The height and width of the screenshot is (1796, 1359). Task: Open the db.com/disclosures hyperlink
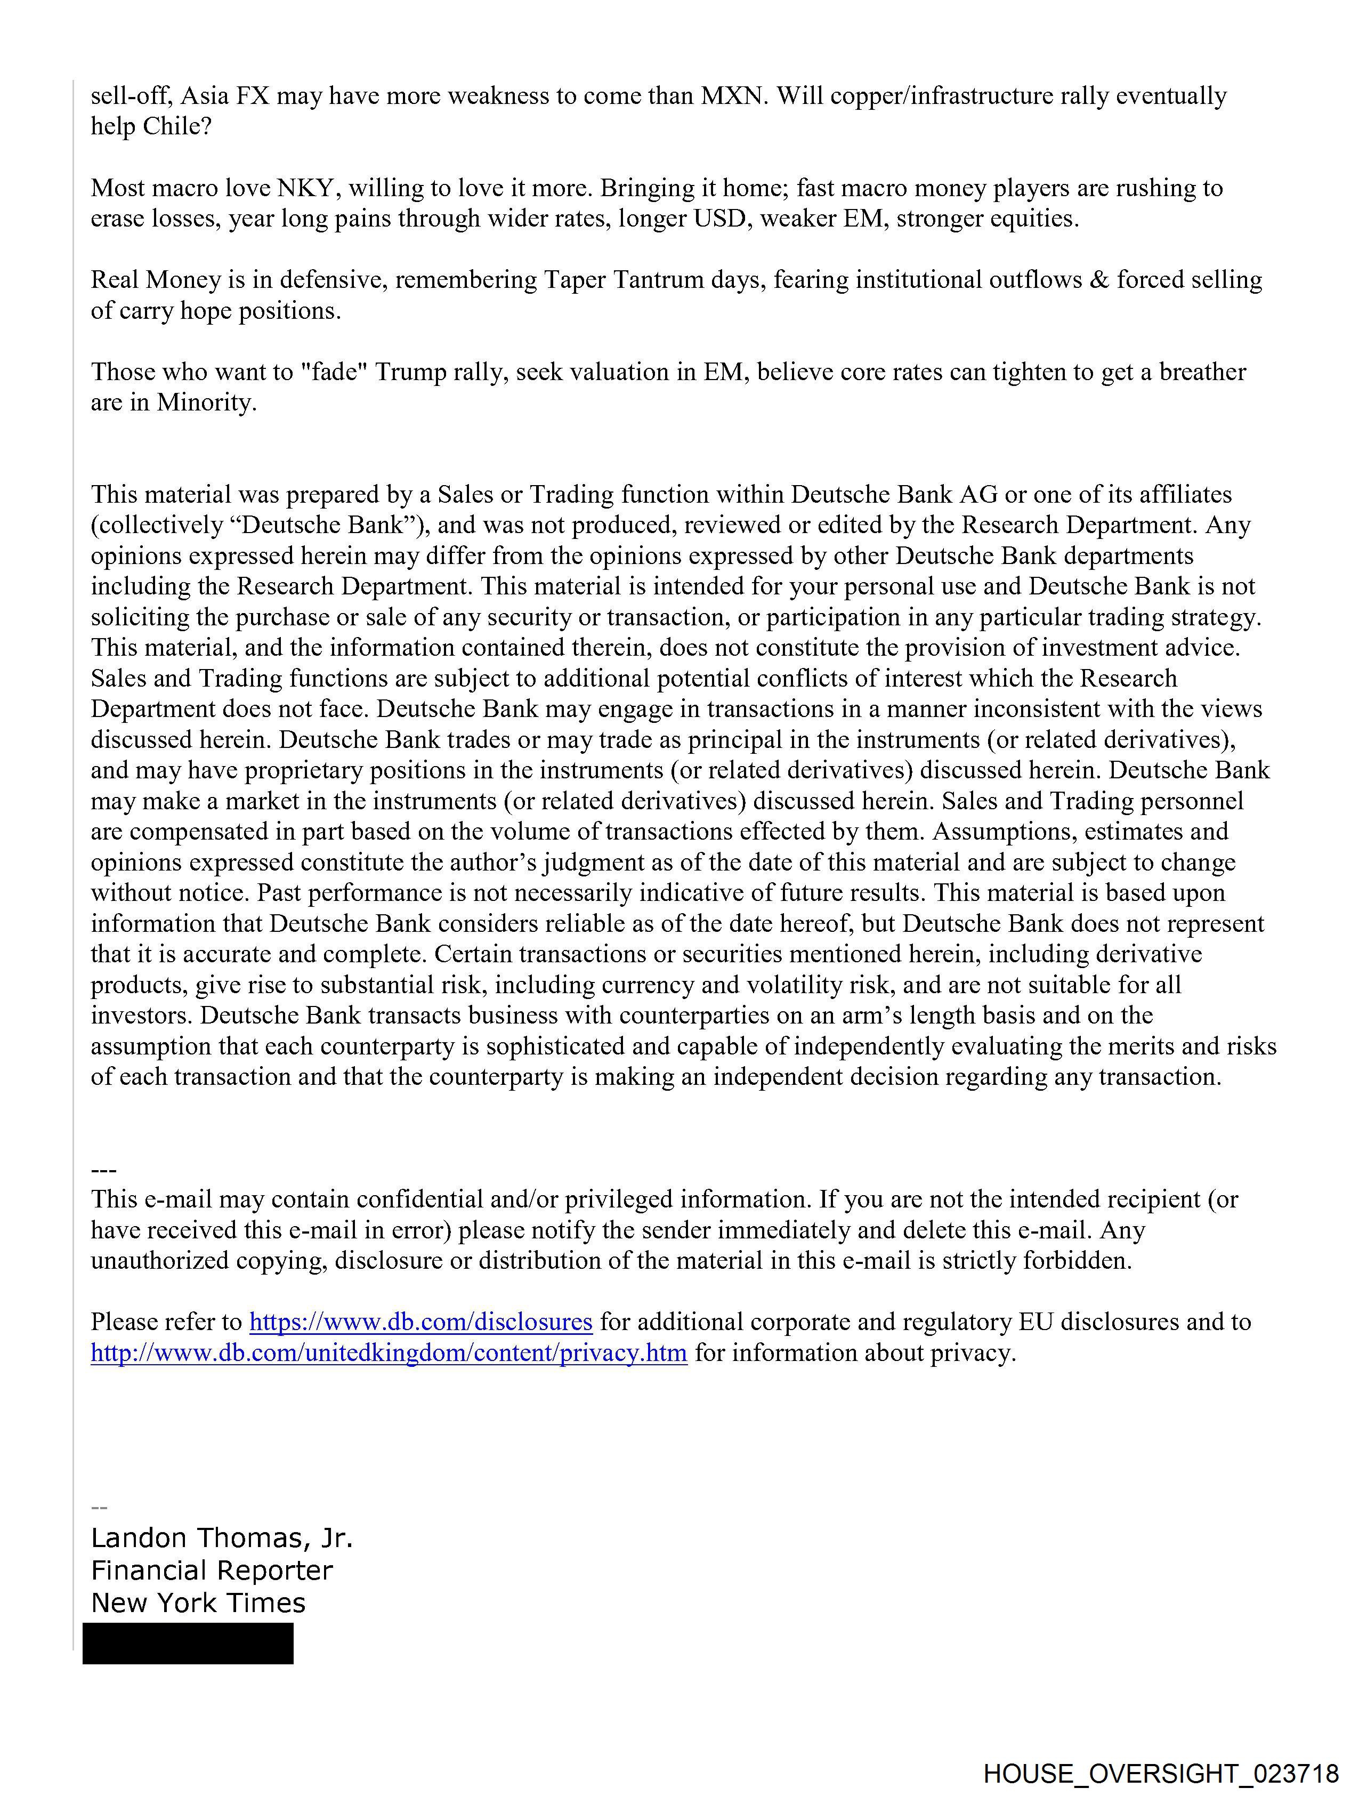pos(420,1322)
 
